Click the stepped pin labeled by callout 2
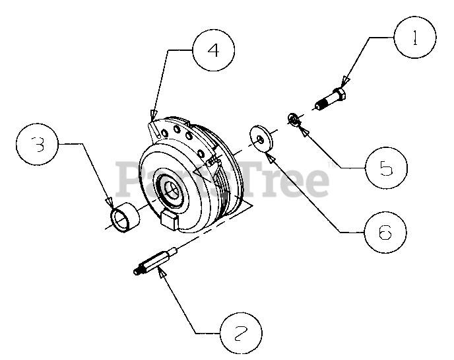click(x=156, y=262)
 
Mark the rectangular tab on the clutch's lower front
click(x=170, y=220)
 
